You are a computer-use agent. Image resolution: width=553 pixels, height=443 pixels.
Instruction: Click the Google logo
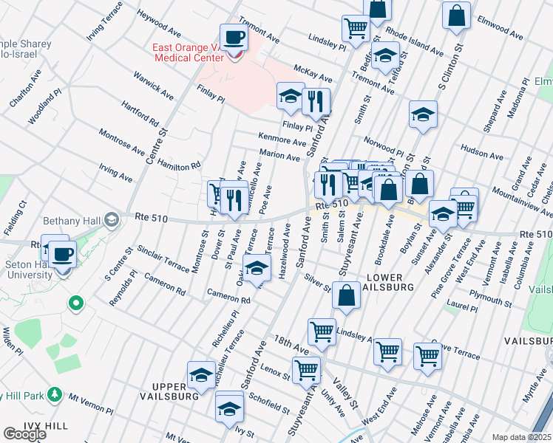point(24,434)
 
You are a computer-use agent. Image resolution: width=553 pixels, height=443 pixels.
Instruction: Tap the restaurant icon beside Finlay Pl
point(316,100)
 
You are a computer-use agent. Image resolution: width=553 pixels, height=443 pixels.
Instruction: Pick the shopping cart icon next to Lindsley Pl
point(356,29)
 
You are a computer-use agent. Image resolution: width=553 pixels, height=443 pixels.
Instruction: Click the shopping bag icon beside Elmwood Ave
point(456,15)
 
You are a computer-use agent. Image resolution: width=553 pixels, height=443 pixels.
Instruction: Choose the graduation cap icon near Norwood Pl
point(423,114)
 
